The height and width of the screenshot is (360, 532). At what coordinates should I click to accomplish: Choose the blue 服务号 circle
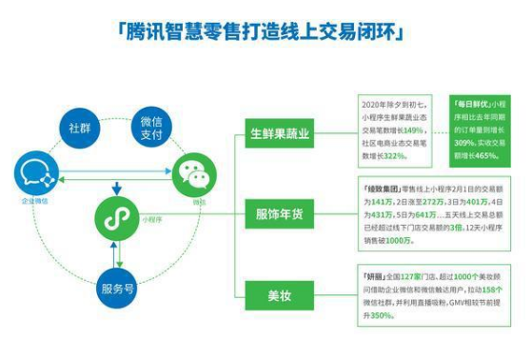click(x=115, y=288)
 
